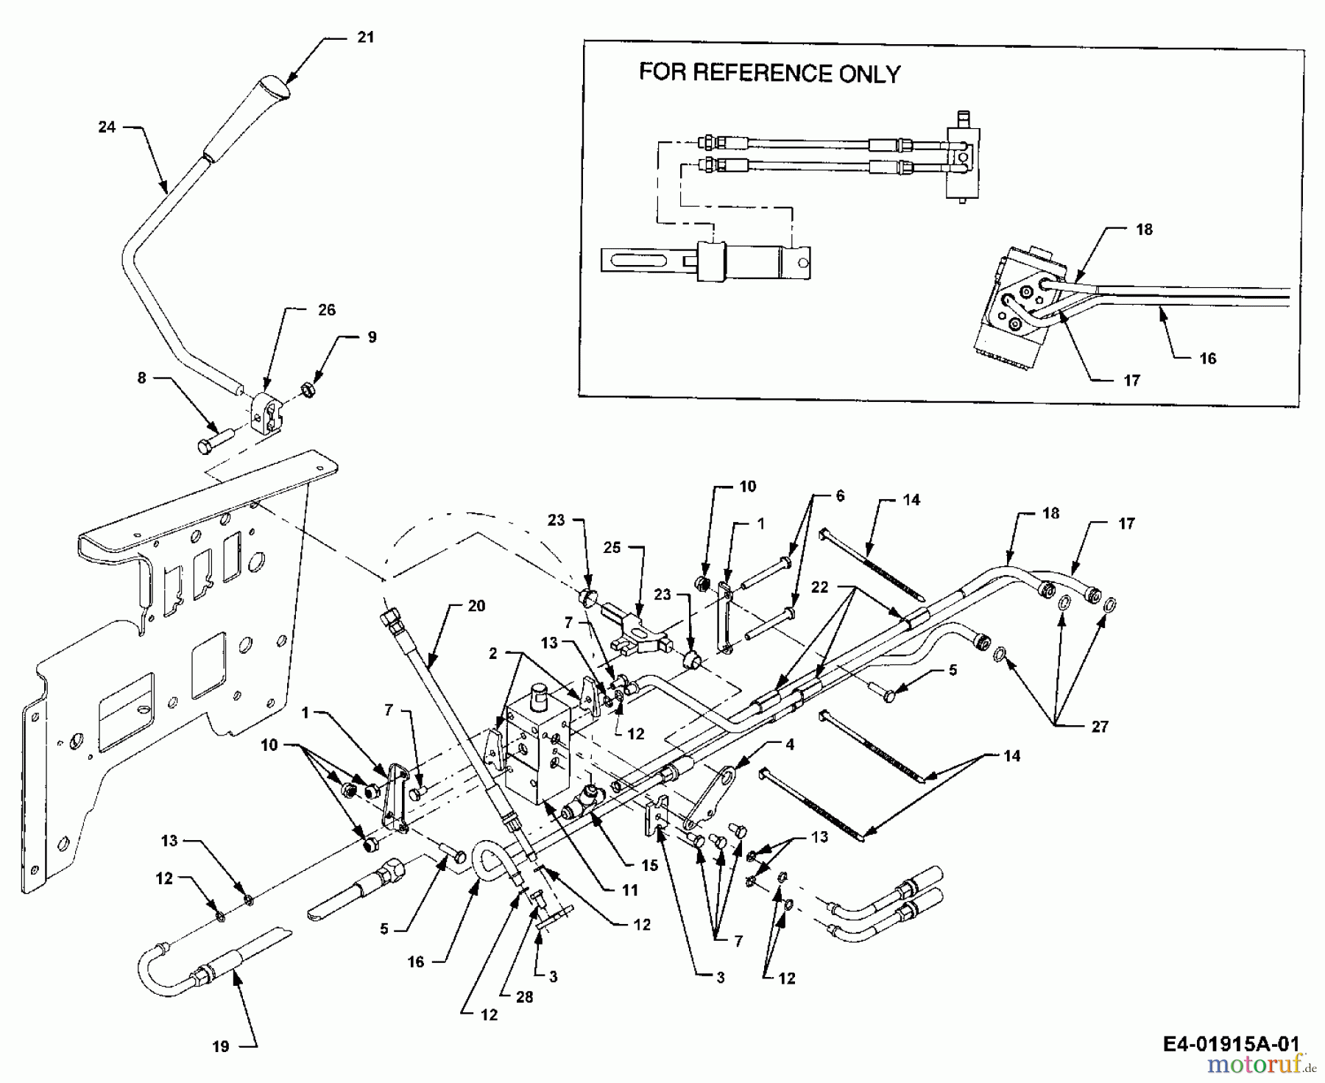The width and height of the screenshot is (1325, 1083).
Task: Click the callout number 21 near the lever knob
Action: click(366, 37)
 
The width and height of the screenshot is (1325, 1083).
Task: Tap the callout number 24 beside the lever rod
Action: click(107, 127)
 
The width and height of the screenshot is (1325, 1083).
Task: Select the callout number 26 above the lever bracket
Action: click(327, 310)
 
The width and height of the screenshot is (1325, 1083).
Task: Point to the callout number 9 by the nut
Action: click(372, 336)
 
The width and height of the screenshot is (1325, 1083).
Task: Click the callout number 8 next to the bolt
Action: click(141, 378)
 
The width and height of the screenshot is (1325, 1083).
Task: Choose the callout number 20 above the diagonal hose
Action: click(477, 605)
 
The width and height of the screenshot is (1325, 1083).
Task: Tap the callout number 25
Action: click(612, 548)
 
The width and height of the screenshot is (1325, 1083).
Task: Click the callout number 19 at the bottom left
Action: click(221, 1046)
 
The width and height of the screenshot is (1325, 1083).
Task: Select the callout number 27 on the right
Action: click(1100, 727)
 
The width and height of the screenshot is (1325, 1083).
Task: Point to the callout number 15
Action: click(649, 865)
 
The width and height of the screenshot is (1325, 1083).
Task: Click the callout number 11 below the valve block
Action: click(629, 890)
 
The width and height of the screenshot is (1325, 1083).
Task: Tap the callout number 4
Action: click(790, 744)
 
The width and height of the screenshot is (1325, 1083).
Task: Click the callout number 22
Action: click(819, 587)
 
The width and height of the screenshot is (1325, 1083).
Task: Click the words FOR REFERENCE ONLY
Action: click(769, 73)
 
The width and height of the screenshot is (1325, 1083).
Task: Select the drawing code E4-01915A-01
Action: click(1232, 1043)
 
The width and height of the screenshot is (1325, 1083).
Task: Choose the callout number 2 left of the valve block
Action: click(492, 653)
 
